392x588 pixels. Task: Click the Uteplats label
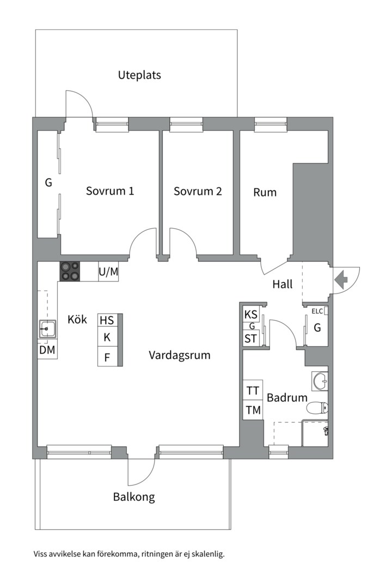pyautogui.click(x=139, y=75)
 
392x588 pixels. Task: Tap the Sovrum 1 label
pyautogui.click(x=110, y=191)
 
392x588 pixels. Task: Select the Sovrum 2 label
pyautogui.click(x=198, y=191)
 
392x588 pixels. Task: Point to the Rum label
pyautogui.click(x=265, y=192)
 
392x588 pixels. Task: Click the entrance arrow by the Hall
pyautogui.click(x=341, y=280)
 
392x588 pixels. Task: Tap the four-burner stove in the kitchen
pyautogui.click(x=70, y=271)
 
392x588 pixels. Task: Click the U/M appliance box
pyautogui.click(x=108, y=272)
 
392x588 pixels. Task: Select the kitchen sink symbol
pyautogui.click(x=47, y=329)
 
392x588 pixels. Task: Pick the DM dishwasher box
pyautogui.click(x=47, y=350)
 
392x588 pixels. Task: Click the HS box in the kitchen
pyautogui.click(x=107, y=320)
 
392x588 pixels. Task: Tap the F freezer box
pyautogui.click(x=107, y=358)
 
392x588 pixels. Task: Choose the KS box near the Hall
pyautogui.click(x=251, y=314)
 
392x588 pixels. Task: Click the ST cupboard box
pyautogui.click(x=251, y=339)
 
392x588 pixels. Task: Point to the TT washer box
pyautogui.click(x=253, y=390)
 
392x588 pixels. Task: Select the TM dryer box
pyautogui.click(x=253, y=410)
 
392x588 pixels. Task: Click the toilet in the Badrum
pyautogui.click(x=317, y=408)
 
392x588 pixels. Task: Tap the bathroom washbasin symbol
pyautogui.click(x=320, y=381)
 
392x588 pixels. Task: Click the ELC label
pyautogui.click(x=317, y=311)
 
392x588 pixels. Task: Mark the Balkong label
pyautogui.click(x=134, y=497)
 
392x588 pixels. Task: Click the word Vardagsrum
pyautogui.click(x=179, y=356)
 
